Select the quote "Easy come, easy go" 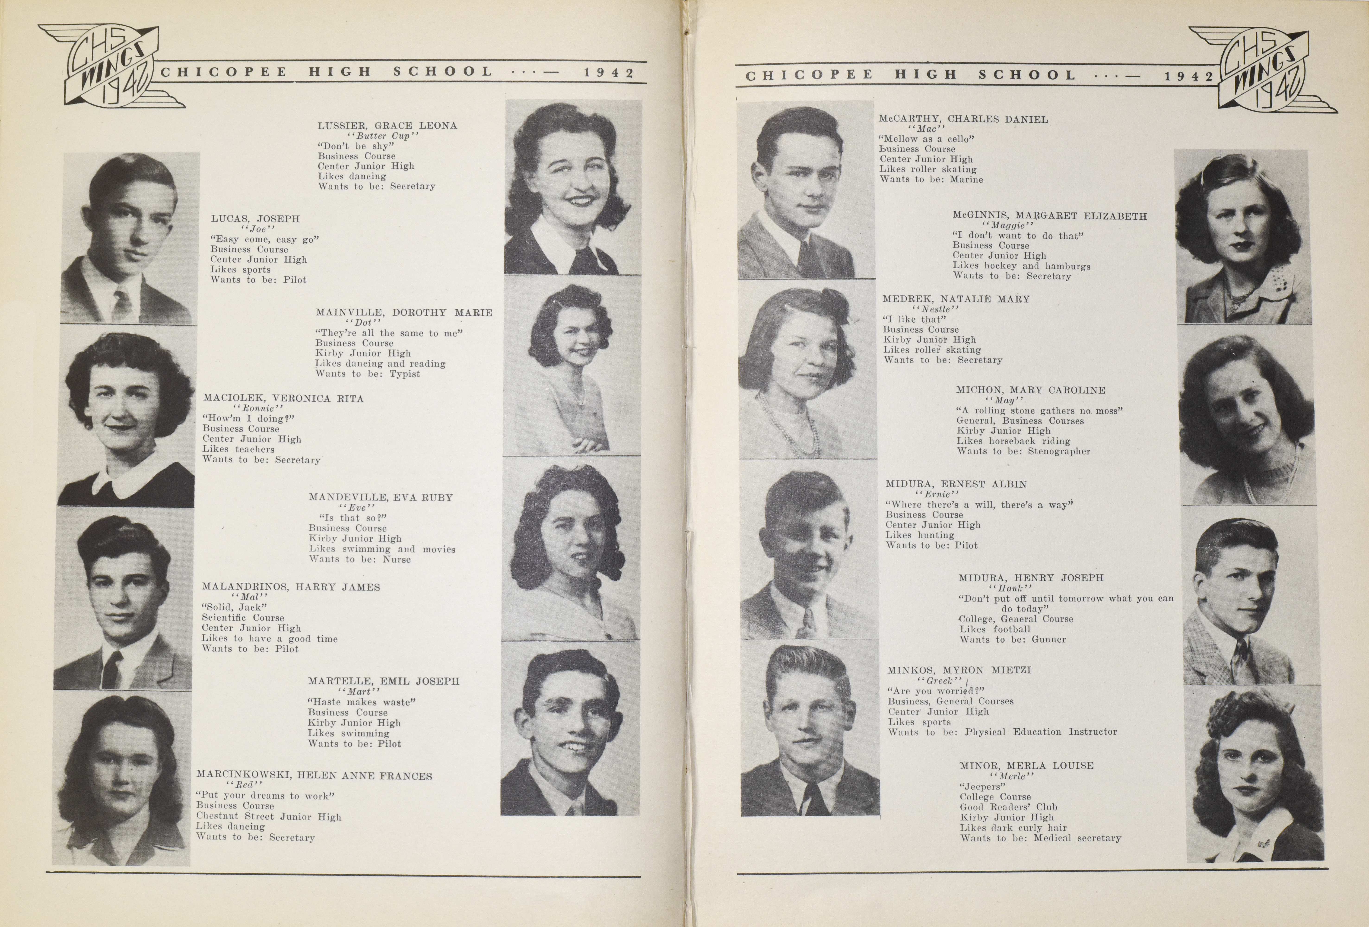(x=264, y=239)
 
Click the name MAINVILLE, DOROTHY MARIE (x=403, y=313)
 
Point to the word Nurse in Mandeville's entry (x=397, y=559)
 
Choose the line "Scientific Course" (x=243, y=618)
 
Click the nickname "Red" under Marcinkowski (x=243, y=785)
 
